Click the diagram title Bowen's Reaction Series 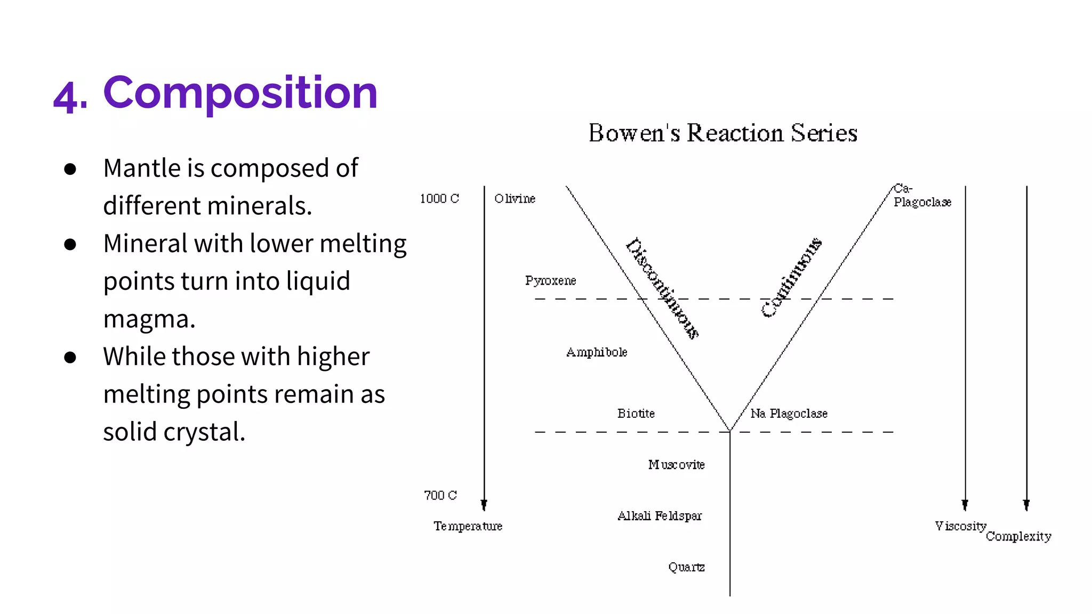tap(722, 133)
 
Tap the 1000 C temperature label tap(439, 199)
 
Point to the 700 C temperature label tap(440, 496)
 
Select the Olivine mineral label tap(515, 199)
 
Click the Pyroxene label tap(550, 281)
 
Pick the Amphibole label tap(597, 352)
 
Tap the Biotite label tap(636, 414)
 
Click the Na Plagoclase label tap(789, 414)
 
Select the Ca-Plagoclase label tap(921, 196)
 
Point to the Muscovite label tap(676, 465)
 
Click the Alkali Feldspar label tap(660, 516)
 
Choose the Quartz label tap(686, 567)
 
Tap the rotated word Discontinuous tap(662, 288)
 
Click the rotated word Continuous tap(791, 278)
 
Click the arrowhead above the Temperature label tap(484, 504)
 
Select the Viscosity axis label tap(960, 526)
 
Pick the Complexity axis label tap(1018, 537)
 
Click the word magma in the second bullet tap(149, 319)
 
